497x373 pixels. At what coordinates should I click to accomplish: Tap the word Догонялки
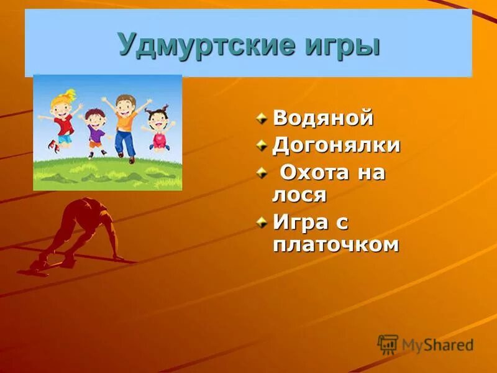[336, 145]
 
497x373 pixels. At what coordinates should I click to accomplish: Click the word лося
[299, 195]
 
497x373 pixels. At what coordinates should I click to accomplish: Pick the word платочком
[335, 244]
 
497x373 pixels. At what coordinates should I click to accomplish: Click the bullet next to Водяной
[263, 117]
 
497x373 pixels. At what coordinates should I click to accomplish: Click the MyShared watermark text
[437, 345]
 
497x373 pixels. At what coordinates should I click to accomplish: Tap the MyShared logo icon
[388, 344]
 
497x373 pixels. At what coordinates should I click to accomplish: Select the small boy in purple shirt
[95, 129]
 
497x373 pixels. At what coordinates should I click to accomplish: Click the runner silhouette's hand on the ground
[118, 257]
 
